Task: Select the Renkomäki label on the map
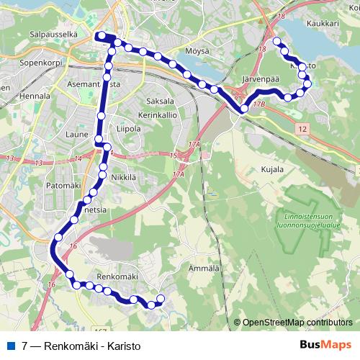click(117, 276)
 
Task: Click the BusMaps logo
click(325, 345)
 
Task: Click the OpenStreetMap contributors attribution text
click(297, 322)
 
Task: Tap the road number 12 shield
click(302, 127)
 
